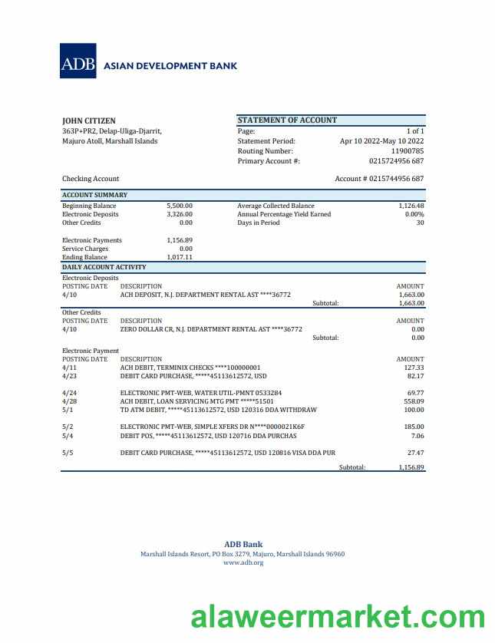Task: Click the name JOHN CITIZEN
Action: (x=89, y=120)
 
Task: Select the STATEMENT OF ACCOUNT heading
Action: (x=287, y=120)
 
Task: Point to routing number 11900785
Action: (x=408, y=151)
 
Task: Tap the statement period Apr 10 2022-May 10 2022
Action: (x=381, y=141)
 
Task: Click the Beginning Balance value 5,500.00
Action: (x=180, y=206)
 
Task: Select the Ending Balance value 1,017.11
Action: (x=180, y=258)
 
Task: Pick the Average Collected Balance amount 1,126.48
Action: (x=411, y=206)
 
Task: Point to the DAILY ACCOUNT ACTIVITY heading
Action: (x=104, y=267)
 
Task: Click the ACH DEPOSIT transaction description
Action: (x=206, y=295)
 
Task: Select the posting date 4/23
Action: (x=70, y=376)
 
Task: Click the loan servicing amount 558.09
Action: (x=414, y=401)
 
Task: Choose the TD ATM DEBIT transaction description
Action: (x=219, y=410)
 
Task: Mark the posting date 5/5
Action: (x=68, y=453)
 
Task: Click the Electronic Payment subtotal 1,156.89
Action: (x=411, y=467)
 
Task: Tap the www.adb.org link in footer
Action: (x=243, y=562)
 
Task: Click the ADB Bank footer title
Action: (x=243, y=545)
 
